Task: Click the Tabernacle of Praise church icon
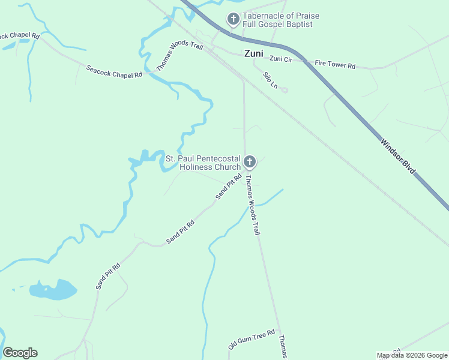[x=233, y=20]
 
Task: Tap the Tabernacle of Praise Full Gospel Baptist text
[x=280, y=20]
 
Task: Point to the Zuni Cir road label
[x=280, y=59]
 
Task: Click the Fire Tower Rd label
[x=335, y=65]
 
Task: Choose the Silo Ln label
[x=270, y=80]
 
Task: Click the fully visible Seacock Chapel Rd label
[x=113, y=71]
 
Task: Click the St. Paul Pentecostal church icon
[x=250, y=161]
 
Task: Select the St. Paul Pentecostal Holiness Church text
[x=203, y=163]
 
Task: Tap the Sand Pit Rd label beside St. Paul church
[x=228, y=187]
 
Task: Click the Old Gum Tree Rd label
[x=251, y=340]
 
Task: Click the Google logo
[x=20, y=353]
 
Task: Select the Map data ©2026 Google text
[x=412, y=355]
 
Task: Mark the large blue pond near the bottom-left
[x=54, y=290]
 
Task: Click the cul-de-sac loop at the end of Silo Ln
[x=285, y=91]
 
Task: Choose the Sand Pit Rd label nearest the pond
[x=108, y=276]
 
